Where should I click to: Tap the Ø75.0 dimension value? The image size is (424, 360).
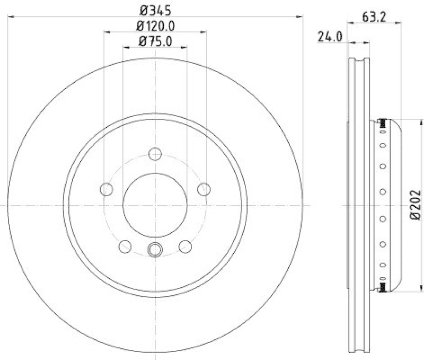click(155, 41)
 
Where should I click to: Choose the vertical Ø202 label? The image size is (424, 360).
click(415, 204)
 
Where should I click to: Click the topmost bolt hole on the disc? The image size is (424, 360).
click(155, 154)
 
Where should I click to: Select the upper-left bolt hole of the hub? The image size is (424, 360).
click(107, 189)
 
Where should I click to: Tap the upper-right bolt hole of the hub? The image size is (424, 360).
click(204, 189)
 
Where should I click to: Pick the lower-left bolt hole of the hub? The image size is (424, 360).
click(125, 246)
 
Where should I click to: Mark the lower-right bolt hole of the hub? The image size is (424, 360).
click(185, 246)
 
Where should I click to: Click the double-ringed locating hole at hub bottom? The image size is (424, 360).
click(155, 249)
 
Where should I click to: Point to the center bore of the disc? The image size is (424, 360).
click(155, 205)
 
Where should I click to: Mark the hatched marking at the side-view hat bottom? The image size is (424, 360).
click(382, 287)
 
